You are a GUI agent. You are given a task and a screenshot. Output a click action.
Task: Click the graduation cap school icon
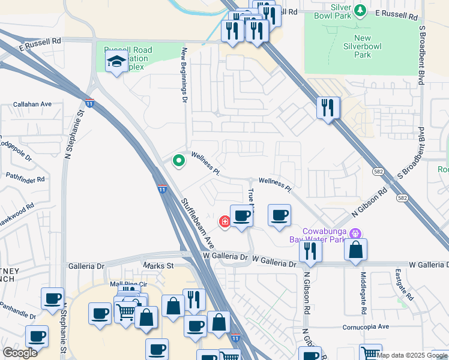116,61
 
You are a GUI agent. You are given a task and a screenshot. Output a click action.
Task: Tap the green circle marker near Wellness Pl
178,160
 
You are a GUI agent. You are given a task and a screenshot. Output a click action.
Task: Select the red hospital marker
225,222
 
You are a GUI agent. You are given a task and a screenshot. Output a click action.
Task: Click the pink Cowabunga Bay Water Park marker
355,232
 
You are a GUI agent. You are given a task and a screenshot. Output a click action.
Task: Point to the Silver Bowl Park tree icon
360,10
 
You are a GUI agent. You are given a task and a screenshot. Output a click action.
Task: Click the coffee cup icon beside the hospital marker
241,217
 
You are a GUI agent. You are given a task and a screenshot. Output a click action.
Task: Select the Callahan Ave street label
32,104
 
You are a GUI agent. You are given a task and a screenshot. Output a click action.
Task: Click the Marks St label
158,265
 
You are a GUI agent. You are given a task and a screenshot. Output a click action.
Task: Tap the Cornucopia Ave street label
367,327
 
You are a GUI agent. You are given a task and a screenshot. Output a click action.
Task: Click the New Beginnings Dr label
185,75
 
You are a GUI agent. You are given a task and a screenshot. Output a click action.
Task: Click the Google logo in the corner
20,353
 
